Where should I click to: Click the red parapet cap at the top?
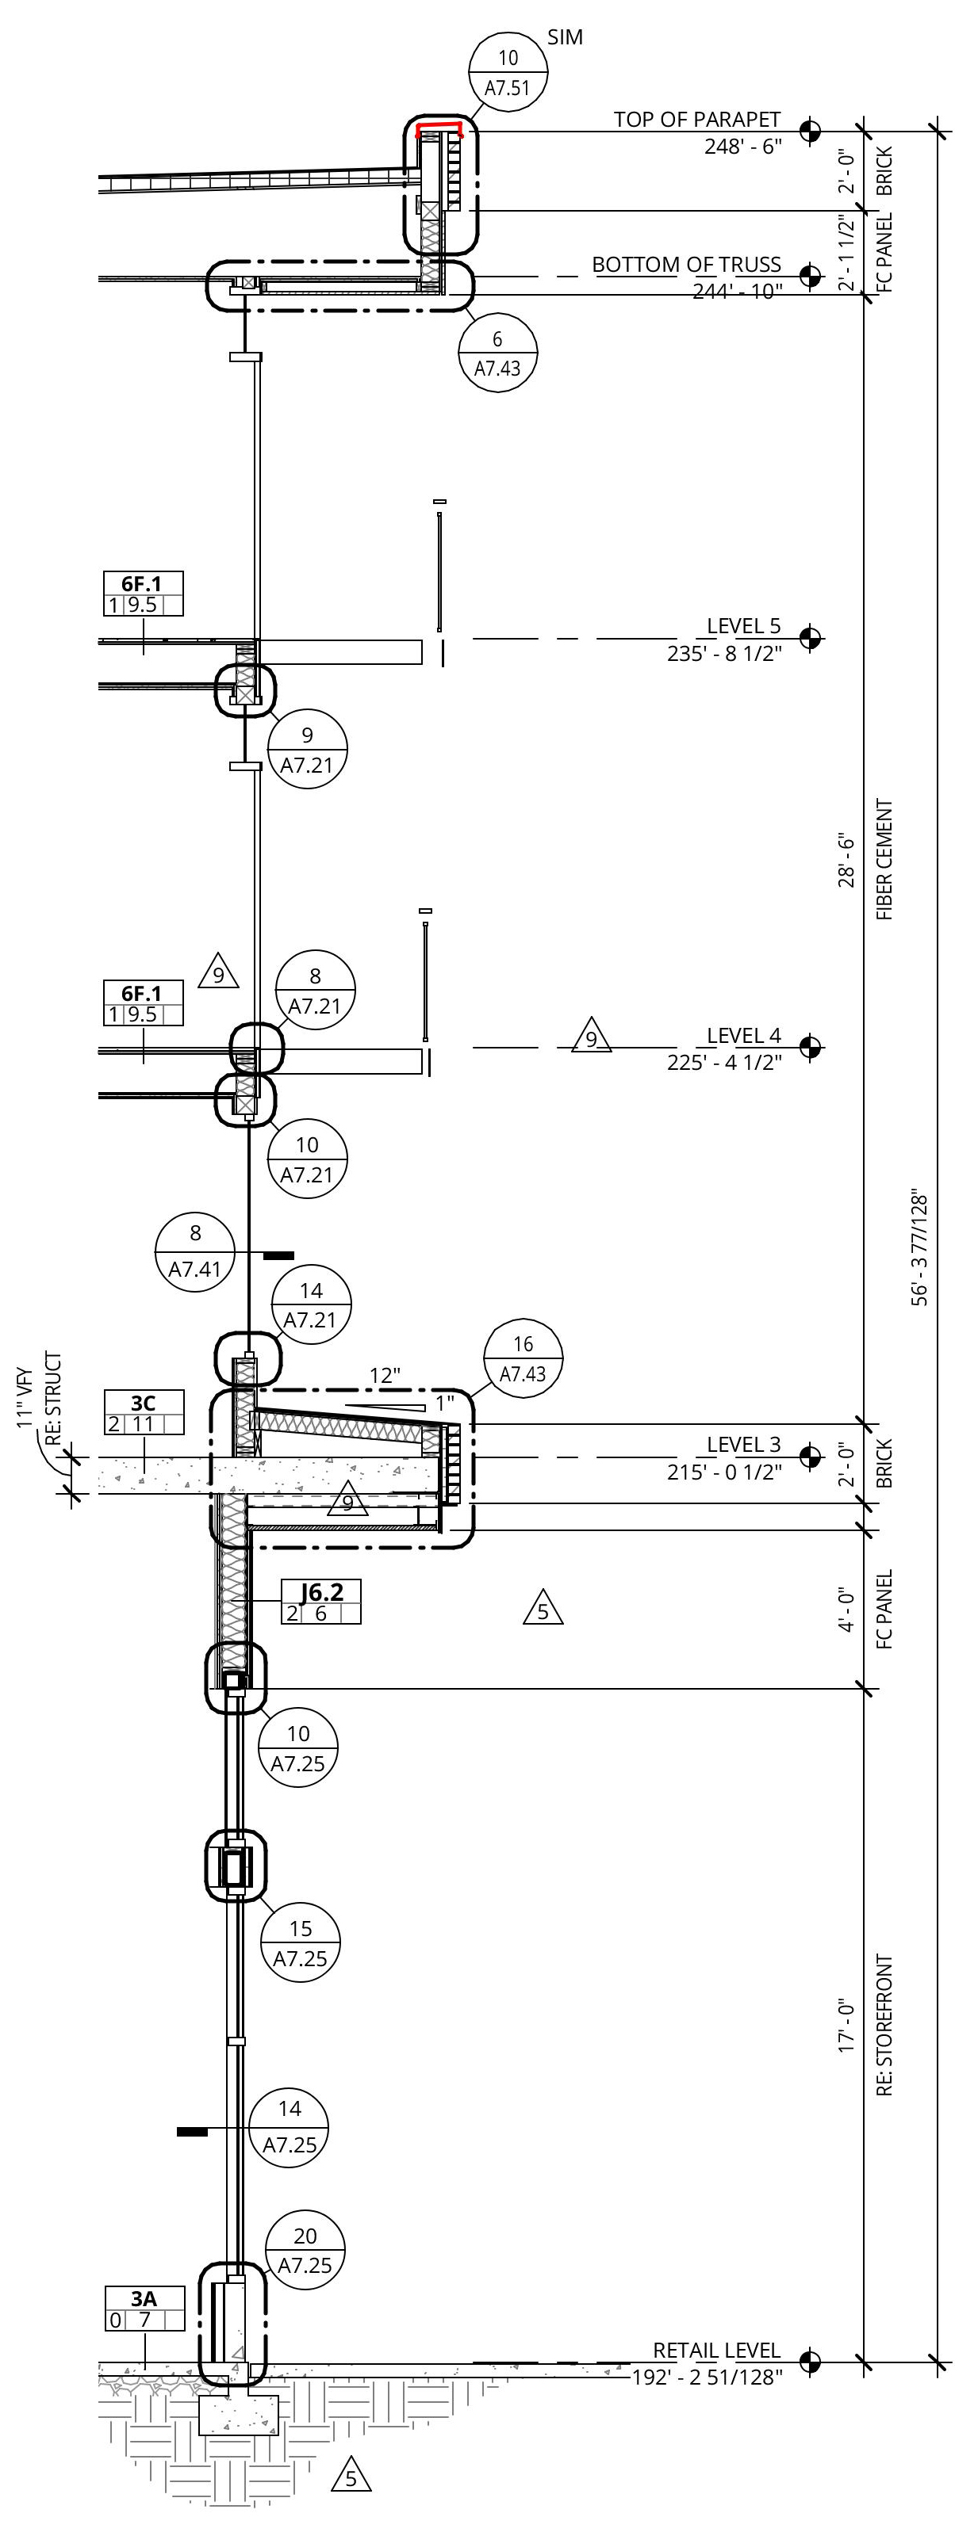[x=439, y=127]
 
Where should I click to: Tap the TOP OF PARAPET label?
[x=696, y=119]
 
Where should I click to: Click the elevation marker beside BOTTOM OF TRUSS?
[x=810, y=276]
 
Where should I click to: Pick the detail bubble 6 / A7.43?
[x=497, y=353]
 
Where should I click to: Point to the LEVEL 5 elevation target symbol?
[x=810, y=638]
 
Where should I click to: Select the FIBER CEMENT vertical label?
[x=884, y=859]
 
